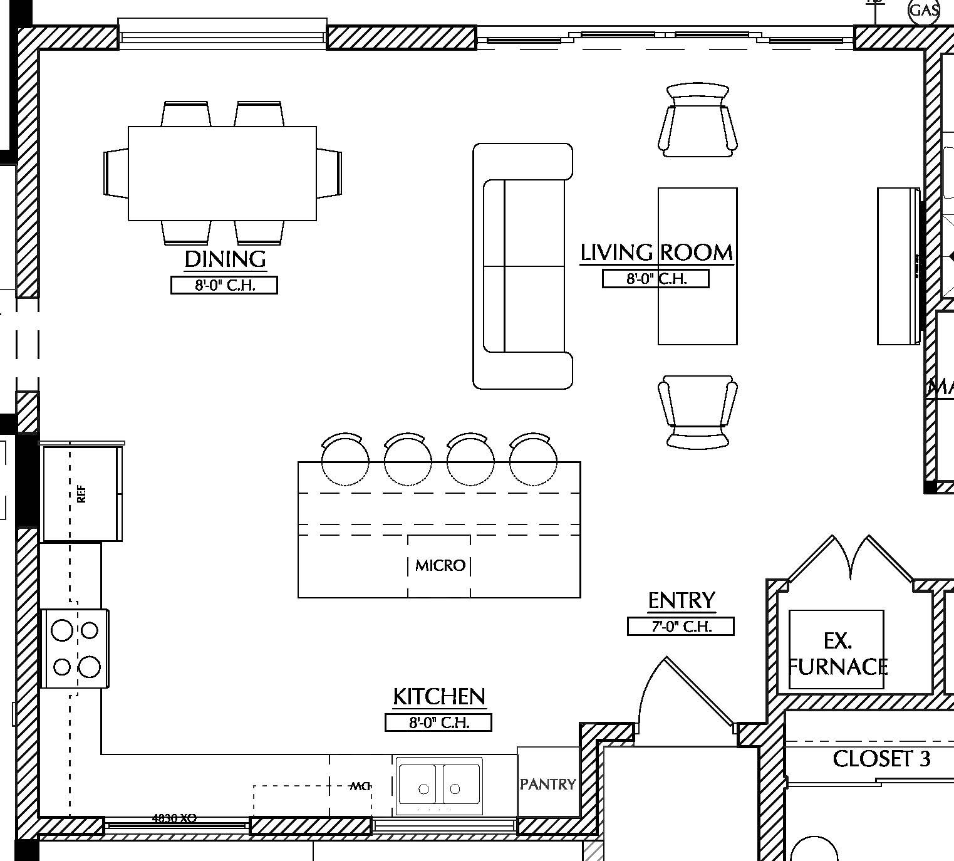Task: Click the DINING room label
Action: point(225,259)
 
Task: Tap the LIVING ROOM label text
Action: point(656,253)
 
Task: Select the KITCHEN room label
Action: point(438,696)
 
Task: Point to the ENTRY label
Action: point(681,600)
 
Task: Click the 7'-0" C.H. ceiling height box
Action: point(680,626)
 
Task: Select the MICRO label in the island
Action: point(440,566)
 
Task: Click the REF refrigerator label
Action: point(81,494)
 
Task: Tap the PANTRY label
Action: point(547,784)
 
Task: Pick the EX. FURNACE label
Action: point(837,654)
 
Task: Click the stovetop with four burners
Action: point(75,649)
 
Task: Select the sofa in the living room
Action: point(522,266)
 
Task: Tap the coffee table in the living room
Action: point(697,266)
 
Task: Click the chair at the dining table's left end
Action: point(116,173)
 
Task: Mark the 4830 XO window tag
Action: point(174,818)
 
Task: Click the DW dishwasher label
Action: point(360,786)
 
